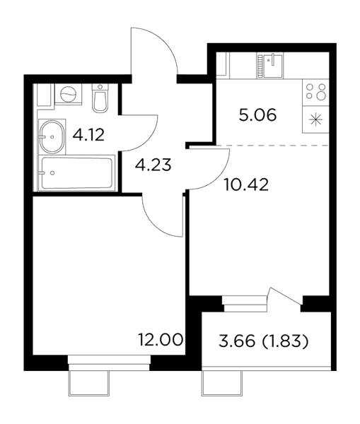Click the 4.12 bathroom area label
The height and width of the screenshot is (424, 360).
[88, 135]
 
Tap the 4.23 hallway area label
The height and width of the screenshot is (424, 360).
[153, 165]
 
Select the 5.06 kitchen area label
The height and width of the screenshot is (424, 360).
[257, 115]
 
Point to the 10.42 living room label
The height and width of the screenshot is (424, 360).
[247, 185]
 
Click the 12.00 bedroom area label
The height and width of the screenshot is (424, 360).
[161, 340]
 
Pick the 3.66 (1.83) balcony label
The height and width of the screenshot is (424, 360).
[263, 341]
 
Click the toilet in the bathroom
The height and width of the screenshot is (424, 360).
[100, 98]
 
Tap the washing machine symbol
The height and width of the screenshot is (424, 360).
[68, 95]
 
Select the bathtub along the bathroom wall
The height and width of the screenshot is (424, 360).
[76, 173]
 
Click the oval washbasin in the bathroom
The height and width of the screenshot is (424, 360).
[52, 137]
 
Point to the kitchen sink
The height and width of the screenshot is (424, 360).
[270, 66]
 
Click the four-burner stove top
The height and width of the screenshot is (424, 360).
[315, 92]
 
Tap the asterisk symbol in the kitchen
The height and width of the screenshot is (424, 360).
[316, 120]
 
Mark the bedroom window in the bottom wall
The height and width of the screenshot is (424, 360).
[109, 363]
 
